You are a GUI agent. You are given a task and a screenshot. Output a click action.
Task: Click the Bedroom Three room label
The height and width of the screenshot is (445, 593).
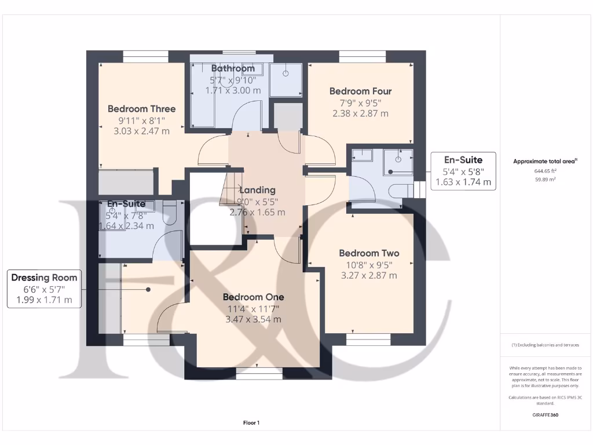(141, 109)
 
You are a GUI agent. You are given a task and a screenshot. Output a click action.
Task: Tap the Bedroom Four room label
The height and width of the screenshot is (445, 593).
(360, 91)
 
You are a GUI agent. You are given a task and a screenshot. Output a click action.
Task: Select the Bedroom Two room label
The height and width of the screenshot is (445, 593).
(369, 253)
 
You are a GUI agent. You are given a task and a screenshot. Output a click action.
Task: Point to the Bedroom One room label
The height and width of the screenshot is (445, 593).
(254, 297)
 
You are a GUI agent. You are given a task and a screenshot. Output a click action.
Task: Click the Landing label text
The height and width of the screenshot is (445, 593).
(257, 190)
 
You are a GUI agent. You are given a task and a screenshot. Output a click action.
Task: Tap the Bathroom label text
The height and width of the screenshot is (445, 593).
(233, 68)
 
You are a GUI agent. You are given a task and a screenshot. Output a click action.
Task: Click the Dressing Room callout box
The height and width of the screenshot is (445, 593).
(44, 289)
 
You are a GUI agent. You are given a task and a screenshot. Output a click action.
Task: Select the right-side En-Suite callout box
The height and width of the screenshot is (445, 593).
(463, 171)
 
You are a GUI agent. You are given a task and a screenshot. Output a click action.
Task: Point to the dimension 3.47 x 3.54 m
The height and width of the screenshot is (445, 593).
(254, 319)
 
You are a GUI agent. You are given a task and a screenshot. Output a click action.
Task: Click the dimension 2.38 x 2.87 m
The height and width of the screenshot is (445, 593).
(360, 114)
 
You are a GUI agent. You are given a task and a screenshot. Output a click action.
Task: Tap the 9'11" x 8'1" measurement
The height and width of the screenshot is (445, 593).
(141, 121)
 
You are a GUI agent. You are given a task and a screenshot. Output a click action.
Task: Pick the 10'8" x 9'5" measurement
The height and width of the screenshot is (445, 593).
(369, 265)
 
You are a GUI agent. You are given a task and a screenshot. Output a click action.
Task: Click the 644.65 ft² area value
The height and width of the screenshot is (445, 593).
(546, 172)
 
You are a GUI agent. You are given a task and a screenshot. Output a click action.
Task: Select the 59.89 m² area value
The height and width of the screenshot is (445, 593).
(546, 180)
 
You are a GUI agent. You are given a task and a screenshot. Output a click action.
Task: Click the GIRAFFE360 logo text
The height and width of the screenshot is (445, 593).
(546, 415)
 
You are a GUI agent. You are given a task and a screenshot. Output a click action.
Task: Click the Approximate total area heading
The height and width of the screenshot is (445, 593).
(545, 162)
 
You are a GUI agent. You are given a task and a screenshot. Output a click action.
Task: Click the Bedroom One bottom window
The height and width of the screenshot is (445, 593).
(255, 375)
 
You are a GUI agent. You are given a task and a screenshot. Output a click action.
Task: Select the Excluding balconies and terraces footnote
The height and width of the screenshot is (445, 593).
(546, 345)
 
